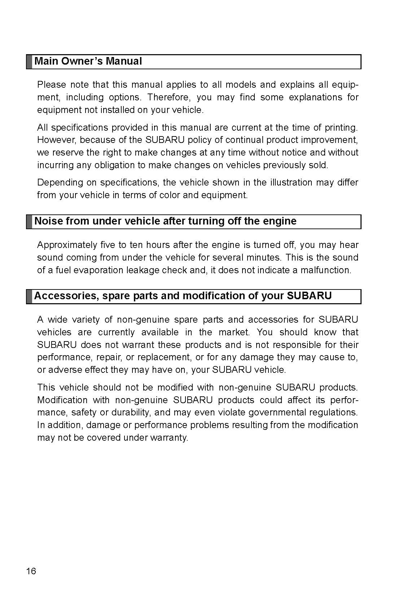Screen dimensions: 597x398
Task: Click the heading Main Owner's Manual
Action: click(x=88, y=61)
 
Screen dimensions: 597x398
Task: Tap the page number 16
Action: click(x=31, y=571)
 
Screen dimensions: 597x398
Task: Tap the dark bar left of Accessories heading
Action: click(x=29, y=296)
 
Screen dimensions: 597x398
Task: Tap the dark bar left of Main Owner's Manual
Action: click(x=29, y=62)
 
